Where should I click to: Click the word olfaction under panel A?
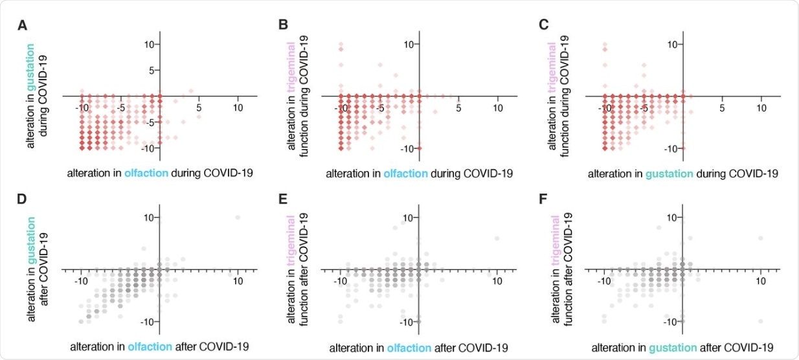(148, 173)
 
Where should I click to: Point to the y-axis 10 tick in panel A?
(152, 44)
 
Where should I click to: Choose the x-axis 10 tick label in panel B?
(498, 107)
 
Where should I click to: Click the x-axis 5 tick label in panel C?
(722, 107)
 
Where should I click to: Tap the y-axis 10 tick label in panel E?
(407, 218)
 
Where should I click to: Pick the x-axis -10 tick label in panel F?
(603, 281)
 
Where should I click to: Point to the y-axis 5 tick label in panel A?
(154, 70)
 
